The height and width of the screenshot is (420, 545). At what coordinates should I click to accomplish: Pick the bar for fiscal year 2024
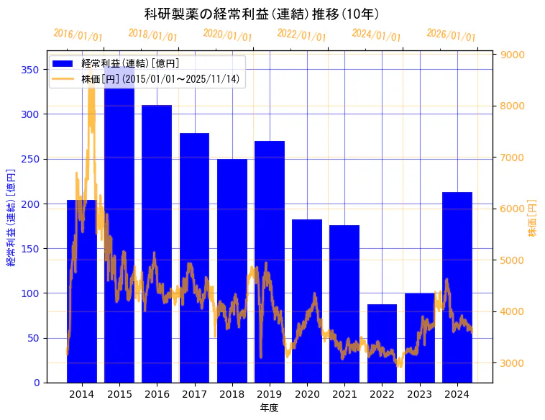(x=457, y=288)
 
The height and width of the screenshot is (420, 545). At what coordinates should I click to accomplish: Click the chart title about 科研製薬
(x=262, y=14)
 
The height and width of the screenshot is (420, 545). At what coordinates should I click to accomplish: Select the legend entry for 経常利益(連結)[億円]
(x=129, y=63)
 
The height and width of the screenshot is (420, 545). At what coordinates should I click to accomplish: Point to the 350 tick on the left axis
(x=29, y=70)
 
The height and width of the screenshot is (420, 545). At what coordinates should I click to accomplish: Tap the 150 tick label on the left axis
(x=29, y=249)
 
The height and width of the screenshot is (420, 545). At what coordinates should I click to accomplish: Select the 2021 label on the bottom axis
(x=344, y=394)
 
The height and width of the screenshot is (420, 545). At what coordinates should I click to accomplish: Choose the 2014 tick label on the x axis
(x=82, y=394)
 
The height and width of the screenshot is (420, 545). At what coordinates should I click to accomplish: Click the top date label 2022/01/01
(x=301, y=35)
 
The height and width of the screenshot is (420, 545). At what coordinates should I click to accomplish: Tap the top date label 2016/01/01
(x=78, y=35)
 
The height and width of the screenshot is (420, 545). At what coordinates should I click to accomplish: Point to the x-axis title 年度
(x=269, y=408)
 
